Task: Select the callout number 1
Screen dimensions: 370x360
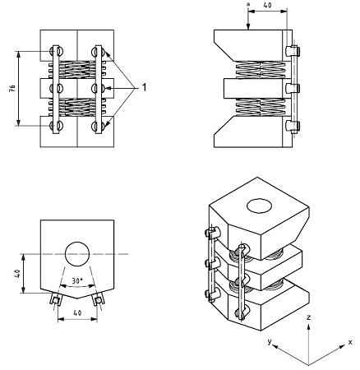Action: point(145,86)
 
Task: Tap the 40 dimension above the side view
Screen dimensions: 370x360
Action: point(267,6)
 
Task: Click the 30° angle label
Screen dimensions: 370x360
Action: point(77,281)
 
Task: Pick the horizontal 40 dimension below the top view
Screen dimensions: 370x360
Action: point(76,313)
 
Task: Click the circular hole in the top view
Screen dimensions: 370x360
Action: point(76,253)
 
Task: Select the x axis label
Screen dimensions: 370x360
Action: point(349,340)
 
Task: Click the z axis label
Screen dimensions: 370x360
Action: point(307,316)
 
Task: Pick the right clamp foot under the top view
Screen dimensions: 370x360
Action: point(99,301)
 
